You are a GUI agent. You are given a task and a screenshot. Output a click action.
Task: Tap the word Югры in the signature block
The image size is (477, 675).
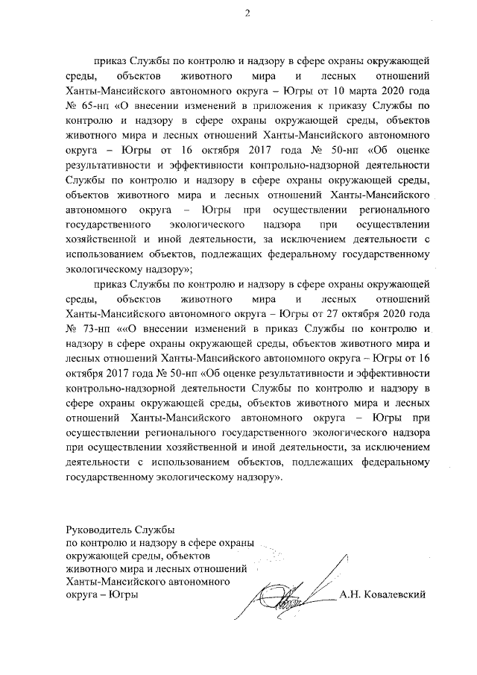click(x=124, y=594)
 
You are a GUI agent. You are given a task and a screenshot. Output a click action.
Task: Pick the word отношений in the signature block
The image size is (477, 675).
click(x=227, y=568)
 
